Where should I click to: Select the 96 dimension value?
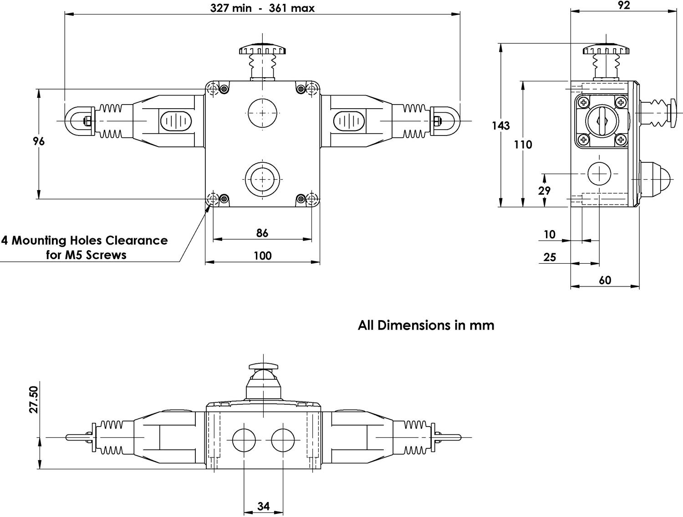(x=39, y=141)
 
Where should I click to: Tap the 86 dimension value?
(x=262, y=233)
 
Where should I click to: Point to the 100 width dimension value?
(x=262, y=256)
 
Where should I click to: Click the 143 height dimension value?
(x=500, y=125)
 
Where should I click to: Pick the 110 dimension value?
(x=523, y=145)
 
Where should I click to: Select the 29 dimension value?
(x=544, y=191)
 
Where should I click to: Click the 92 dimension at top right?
(x=623, y=5)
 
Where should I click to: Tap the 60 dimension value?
(x=605, y=280)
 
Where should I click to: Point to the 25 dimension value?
(x=550, y=257)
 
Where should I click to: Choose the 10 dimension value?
(x=550, y=234)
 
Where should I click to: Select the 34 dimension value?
(x=263, y=506)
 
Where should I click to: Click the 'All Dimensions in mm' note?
(x=426, y=325)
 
